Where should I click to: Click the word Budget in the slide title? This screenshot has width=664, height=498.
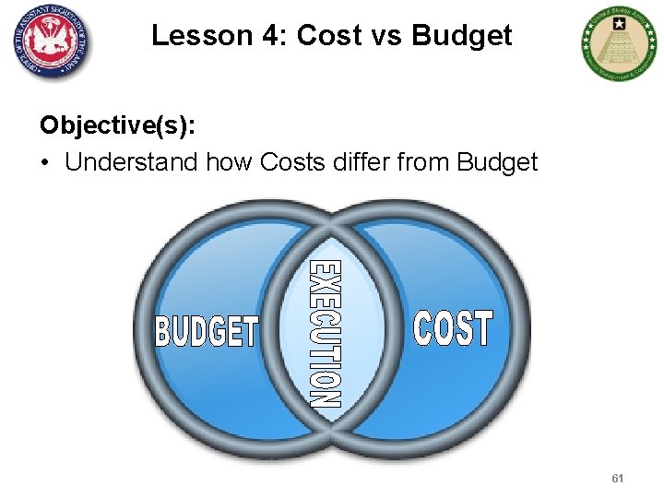462,35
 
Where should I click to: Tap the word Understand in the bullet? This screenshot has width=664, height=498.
131,162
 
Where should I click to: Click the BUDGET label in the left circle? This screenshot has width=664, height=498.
207,330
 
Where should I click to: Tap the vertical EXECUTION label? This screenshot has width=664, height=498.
325,334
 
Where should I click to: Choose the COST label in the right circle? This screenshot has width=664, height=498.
453,328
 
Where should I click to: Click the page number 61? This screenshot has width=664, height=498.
617,479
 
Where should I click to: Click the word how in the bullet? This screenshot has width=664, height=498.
230,162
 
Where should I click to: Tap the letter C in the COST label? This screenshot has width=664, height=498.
423,328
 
